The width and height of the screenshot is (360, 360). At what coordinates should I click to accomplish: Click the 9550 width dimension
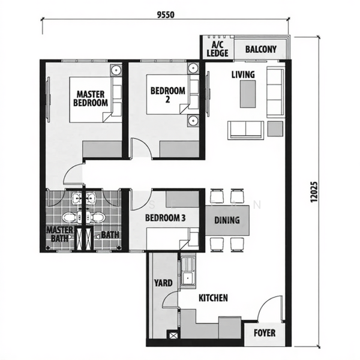(x=166, y=14)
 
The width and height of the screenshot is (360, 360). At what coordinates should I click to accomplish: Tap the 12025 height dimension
(x=314, y=192)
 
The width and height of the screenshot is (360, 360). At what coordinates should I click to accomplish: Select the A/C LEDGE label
(x=217, y=49)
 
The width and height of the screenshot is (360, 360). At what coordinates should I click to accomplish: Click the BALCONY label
(x=261, y=49)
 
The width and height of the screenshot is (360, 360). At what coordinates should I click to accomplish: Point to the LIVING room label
(x=243, y=74)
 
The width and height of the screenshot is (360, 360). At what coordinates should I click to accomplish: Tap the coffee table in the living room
(x=248, y=94)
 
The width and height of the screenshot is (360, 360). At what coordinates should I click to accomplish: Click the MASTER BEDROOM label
(x=91, y=98)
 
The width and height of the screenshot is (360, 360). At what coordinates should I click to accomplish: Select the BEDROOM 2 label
(x=167, y=94)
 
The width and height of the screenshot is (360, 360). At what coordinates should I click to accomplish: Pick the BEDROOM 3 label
(x=165, y=218)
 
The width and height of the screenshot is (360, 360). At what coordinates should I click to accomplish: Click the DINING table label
(x=227, y=220)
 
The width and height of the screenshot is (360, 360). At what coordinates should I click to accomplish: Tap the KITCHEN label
(x=213, y=298)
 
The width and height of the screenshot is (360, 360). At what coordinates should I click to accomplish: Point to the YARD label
(x=163, y=283)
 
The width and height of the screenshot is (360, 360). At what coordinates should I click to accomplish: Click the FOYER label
(x=265, y=333)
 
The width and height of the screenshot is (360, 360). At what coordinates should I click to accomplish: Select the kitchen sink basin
(x=188, y=278)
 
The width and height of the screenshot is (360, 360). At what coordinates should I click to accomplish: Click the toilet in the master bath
(x=69, y=217)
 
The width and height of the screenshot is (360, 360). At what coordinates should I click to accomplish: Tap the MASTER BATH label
(x=59, y=234)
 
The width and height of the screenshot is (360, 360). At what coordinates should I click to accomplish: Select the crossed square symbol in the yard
(x=173, y=335)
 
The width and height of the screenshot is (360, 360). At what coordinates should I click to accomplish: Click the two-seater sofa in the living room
(x=245, y=130)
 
